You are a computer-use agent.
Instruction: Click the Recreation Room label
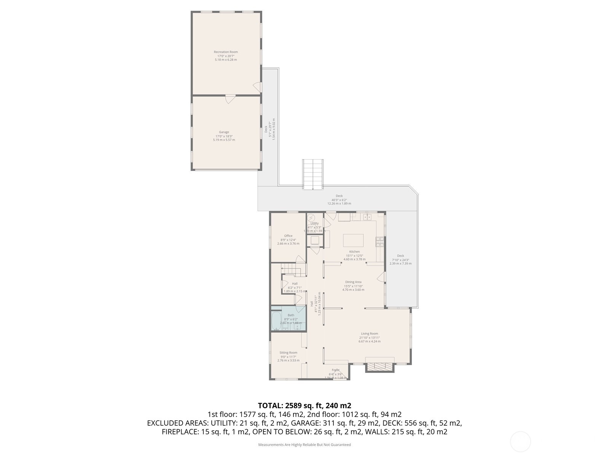pyautogui.click(x=226, y=52)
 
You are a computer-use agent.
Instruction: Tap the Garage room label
pyautogui.click(x=224, y=132)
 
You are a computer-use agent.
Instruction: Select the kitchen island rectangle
pyautogui.click(x=353, y=241)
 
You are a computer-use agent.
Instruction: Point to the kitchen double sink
pyautogui.click(x=367, y=217)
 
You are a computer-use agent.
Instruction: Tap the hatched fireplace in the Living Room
pyautogui.click(x=379, y=367)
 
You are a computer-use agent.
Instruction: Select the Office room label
pyautogui.click(x=288, y=236)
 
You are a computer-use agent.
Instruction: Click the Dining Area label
pyautogui.click(x=353, y=282)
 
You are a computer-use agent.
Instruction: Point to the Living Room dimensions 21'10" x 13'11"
pyautogui.click(x=369, y=337)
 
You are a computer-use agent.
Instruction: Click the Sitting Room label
pyautogui.click(x=288, y=353)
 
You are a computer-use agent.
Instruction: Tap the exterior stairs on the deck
pyautogui.click(x=313, y=174)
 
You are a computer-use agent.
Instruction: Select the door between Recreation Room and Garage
pyautogui.click(x=230, y=98)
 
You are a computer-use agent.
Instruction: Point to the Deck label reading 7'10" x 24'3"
pyautogui.click(x=400, y=260)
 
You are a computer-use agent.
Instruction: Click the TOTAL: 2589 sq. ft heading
pyautogui.click(x=304, y=406)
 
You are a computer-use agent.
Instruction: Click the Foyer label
pyautogui.click(x=335, y=370)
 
